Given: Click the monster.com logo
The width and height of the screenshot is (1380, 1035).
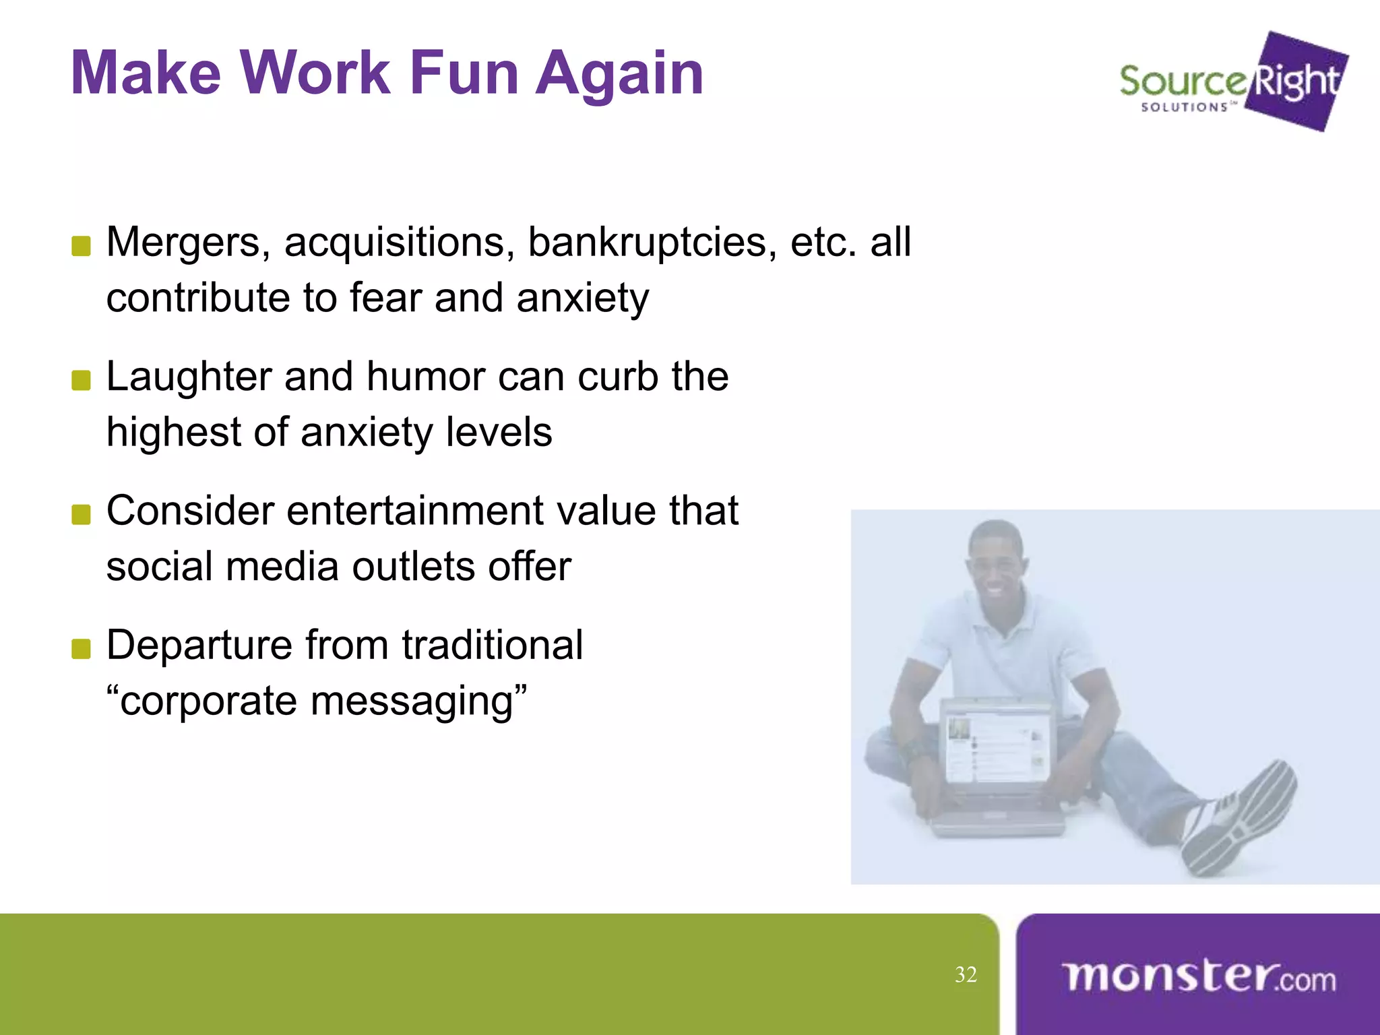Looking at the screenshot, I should point(1198,977).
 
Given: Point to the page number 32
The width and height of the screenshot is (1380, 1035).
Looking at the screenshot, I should point(965,975).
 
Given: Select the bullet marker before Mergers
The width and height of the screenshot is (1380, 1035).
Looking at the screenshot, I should point(81,246).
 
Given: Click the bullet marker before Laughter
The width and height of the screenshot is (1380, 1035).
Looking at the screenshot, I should point(81,380).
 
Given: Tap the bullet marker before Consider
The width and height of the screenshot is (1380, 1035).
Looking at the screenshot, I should point(81,514).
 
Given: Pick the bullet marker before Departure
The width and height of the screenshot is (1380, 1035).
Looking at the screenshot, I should point(81,648).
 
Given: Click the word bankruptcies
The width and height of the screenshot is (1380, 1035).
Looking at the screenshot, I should point(647,243).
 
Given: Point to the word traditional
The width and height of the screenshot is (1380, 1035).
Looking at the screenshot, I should point(492,645).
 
